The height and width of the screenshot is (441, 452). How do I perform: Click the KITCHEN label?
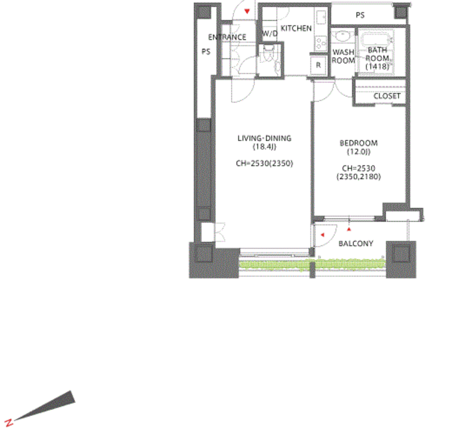click(x=296, y=28)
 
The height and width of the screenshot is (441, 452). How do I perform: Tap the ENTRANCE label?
click(x=227, y=37)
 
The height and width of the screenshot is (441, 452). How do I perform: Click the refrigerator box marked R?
click(x=318, y=65)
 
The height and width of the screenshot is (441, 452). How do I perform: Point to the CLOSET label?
click(x=386, y=96)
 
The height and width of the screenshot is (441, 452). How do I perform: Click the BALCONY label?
click(x=356, y=243)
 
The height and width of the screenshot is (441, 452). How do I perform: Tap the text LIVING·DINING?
click(x=264, y=138)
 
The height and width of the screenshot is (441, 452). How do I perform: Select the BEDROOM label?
click(x=358, y=143)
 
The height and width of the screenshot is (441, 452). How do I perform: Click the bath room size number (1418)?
click(x=377, y=66)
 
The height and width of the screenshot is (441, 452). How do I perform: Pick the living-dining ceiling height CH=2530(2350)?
click(x=264, y=163)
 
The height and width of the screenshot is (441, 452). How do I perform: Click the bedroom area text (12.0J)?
click(x=358, y=152)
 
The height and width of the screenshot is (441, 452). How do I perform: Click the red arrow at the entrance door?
click(x=247, y=12)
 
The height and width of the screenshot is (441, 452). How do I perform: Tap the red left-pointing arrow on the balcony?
click(x=322, y=235)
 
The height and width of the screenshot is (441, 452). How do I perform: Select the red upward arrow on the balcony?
click(x=349, y=228)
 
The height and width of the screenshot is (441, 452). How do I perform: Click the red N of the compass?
click(x=9, y=422)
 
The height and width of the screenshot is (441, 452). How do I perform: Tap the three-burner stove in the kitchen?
click(x=321, y=42)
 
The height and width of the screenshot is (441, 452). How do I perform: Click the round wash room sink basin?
click(x=343, y=36)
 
